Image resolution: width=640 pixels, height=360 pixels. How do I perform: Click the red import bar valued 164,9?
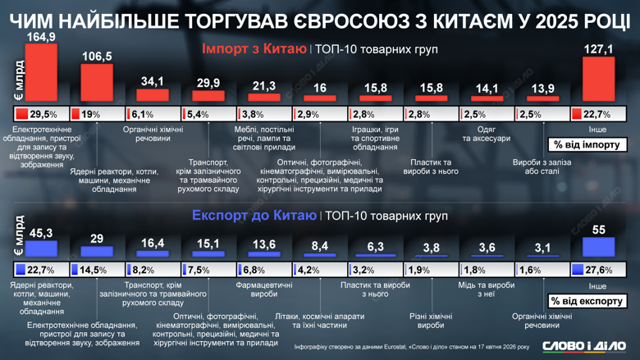tap(41, 73)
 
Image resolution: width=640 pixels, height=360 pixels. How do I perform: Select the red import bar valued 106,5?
tap(97, 83)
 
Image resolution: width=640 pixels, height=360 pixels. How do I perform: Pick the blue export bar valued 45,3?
tap(41, 248)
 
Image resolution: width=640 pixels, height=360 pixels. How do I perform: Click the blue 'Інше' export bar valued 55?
tap(598, 247)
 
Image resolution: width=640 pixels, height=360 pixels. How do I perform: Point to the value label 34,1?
tap(153, 81)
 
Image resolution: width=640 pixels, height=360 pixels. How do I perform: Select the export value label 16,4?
tap(153, 244)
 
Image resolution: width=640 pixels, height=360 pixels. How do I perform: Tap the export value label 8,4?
tap(320, 245)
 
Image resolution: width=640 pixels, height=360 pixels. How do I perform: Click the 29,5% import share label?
tap(43, 115)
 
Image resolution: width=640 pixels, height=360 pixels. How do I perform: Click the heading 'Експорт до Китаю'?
tap(254, 216)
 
